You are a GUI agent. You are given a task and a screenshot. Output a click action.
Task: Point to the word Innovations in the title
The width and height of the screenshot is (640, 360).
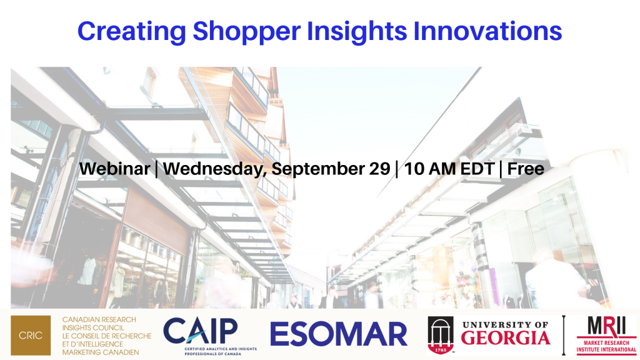[487, 31]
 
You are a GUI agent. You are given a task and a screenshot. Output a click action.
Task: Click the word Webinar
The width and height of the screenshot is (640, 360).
[115, 169]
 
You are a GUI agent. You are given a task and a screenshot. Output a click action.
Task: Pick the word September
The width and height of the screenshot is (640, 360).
[318, 169]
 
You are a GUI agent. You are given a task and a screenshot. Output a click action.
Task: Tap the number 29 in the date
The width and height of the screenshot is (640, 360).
[379, 169]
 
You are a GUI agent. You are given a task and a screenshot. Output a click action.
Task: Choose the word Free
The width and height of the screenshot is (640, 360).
[526, 169]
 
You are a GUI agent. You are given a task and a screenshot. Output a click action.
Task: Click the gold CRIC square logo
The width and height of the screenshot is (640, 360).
[31, 335]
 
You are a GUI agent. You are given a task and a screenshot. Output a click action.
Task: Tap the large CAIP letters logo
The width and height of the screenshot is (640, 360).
[201, 331]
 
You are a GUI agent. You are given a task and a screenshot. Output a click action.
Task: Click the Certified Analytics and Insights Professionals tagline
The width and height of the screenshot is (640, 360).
[221, 351]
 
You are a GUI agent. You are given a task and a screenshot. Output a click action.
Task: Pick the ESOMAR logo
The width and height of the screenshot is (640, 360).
[338, 334]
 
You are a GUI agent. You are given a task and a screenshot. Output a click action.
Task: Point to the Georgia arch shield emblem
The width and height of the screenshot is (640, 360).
[441, 335]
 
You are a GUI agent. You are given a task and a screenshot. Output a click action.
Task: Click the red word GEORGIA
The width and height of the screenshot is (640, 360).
[506, 338]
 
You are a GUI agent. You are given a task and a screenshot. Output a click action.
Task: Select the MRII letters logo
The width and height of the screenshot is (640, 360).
[606, 326]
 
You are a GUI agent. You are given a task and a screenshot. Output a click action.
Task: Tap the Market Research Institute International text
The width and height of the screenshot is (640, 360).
[606, 346]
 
